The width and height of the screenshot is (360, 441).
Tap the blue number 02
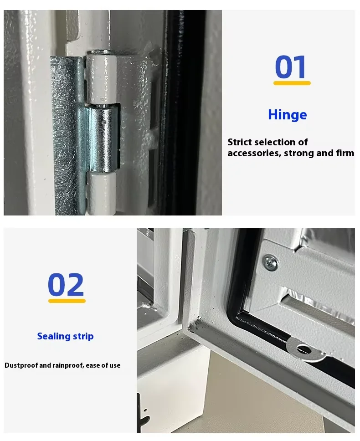[x=66, y=284]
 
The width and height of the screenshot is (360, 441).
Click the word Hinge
[x=288, y=115]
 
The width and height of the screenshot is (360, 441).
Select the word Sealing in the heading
[x=54, y=336]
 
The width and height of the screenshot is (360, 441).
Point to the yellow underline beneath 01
[x=292, y=83]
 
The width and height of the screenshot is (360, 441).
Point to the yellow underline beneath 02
[x=67, y=301]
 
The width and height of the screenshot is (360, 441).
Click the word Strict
[x=240, y=142]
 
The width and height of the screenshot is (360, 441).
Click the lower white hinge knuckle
[x=101, y=194]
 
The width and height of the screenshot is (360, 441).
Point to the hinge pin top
[x=102, y=52]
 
